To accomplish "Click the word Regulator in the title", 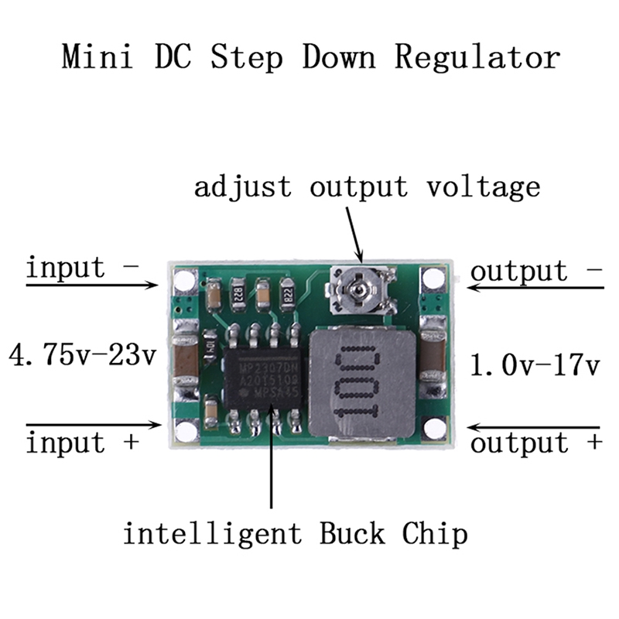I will pos(477,58).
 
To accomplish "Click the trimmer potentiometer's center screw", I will pos(357,291).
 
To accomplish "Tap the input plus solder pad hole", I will pos(186,429).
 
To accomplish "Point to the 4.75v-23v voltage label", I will pos(82,357).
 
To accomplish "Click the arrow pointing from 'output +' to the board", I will pos(534,427).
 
